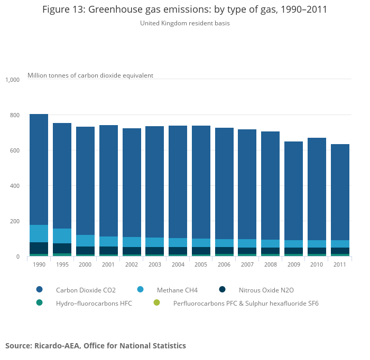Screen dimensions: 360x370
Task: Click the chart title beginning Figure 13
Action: click(184, 10)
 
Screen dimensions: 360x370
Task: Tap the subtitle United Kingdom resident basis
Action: click(184, 23)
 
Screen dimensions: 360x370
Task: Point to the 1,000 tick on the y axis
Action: click(12, 80)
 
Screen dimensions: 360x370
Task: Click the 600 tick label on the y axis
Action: click(14, 150)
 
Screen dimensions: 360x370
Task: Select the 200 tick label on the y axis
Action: click(14, 221)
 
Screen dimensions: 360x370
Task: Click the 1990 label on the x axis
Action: click(39, 264)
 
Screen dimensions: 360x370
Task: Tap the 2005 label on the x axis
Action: click(201, 264)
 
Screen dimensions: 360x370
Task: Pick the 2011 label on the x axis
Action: click(340, 264)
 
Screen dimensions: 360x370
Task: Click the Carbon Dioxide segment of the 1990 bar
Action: click(39, 169)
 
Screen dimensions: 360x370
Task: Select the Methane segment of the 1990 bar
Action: click(39, 233)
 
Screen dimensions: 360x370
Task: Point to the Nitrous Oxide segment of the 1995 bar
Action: click(62, 248)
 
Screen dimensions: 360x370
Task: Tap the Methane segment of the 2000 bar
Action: click(85, 241)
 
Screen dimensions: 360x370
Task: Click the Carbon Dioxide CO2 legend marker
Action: click(39, 290)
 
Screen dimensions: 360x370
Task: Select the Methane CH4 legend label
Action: click(177, 290)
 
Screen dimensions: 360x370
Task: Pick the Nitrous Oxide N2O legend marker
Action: click(222, 290)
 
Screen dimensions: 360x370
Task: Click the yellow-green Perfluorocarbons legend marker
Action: click(156, 303)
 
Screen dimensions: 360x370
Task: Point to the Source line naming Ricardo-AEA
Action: click(96, 346)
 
